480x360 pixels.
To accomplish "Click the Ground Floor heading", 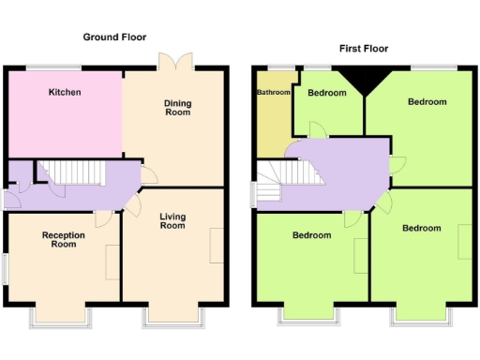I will click(x=113, y=37).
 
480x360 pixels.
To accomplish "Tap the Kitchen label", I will click(x=65, y=93).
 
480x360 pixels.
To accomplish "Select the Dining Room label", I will click(x=177, y=108).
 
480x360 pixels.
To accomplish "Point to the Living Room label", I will click(x=172, y=221).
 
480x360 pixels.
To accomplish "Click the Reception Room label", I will click(x=64, y=240).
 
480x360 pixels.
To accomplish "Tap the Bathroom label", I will click(x=273, y=93).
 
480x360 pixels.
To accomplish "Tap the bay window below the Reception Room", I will click(x=64, y=314).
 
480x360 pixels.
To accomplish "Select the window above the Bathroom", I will click(x=277, y=67).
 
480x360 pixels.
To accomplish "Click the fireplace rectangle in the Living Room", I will click(x=217, y=246).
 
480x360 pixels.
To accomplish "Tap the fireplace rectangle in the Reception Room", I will click(x=112, y=259).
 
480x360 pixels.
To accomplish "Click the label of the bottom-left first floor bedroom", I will click(x=311, y=235).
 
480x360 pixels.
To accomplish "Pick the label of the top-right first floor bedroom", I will click(x=427, y=101).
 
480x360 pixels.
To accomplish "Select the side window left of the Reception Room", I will click(x=5, y=269).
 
